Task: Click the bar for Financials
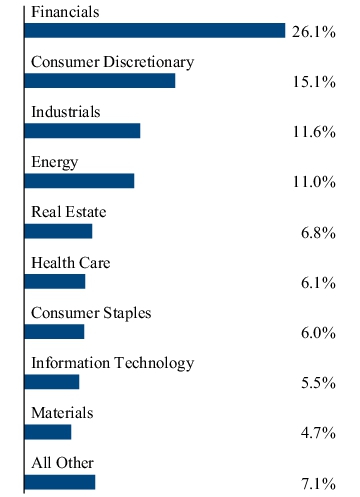coord(155,31)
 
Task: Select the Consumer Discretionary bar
coord(100,81)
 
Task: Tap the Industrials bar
coord(82,131)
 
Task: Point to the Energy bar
coord(79,181)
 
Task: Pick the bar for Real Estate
coord(58,231)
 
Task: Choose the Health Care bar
coord(55,282)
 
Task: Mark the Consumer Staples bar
coord(54,332)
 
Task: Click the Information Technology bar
coord(52,382)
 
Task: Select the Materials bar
coord(48,432)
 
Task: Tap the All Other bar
coord(60,482)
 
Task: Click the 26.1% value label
coord(314,32)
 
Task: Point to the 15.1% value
coord(314,82)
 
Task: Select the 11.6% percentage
coord(314,132)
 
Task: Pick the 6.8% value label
coord(318,233)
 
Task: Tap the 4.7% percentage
coord(318,433)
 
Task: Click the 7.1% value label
coord(318,484)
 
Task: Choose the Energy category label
coord(55,163)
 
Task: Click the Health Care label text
coord(71,263)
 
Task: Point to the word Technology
coord(154,364)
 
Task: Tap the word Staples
coord(127,314)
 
